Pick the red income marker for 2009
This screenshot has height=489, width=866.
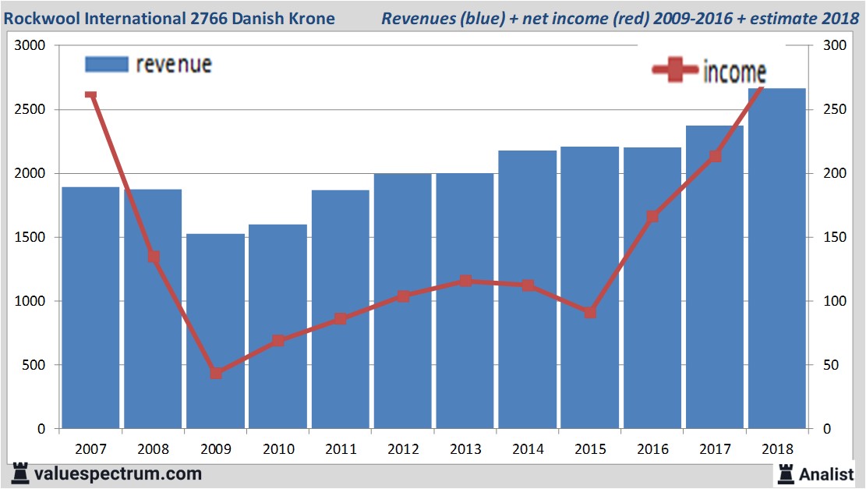(216, 373)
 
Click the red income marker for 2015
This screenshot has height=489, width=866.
(590, 312)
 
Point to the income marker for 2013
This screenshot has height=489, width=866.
(465, 281)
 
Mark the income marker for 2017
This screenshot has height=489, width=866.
(715, 156)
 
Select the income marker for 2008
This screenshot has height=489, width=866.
(154, 257)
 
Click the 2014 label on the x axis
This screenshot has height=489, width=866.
(528, 449)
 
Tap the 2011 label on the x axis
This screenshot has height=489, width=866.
(341, 449)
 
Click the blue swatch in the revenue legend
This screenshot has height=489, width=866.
(105, 64)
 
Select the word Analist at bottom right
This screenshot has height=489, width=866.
(827, 473)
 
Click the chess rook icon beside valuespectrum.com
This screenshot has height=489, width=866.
(20, 473)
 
